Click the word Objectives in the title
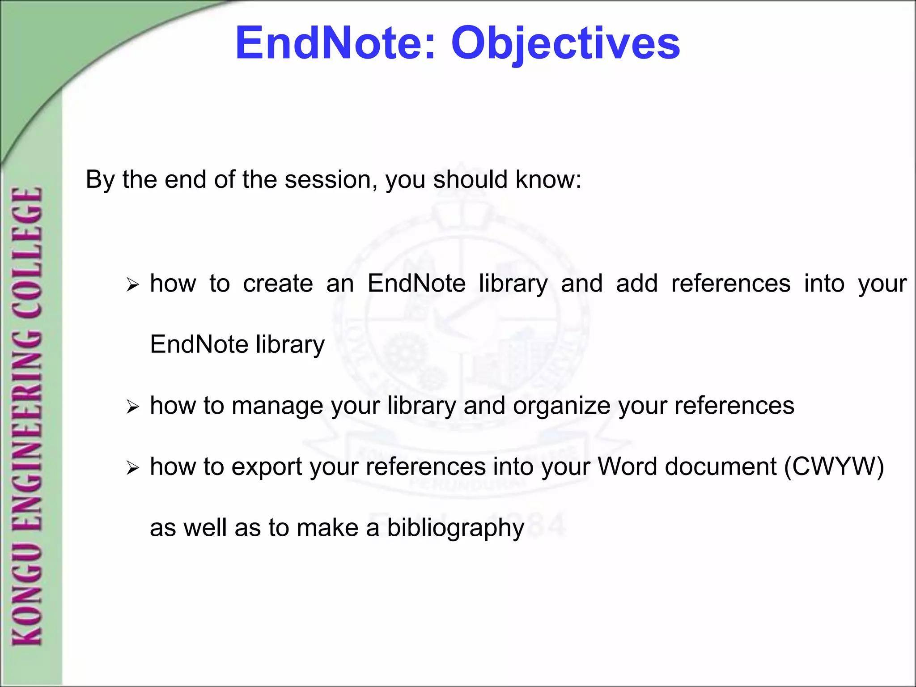[565, 43]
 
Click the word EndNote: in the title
[335, 43]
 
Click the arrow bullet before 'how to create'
[133, 284]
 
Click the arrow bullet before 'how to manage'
[133, 407]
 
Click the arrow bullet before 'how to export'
[133, 468]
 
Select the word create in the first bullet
[278, 284]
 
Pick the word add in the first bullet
[636, 284]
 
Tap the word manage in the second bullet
[277, 406]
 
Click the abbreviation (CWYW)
[834, 467]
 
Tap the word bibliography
[455, 528]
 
